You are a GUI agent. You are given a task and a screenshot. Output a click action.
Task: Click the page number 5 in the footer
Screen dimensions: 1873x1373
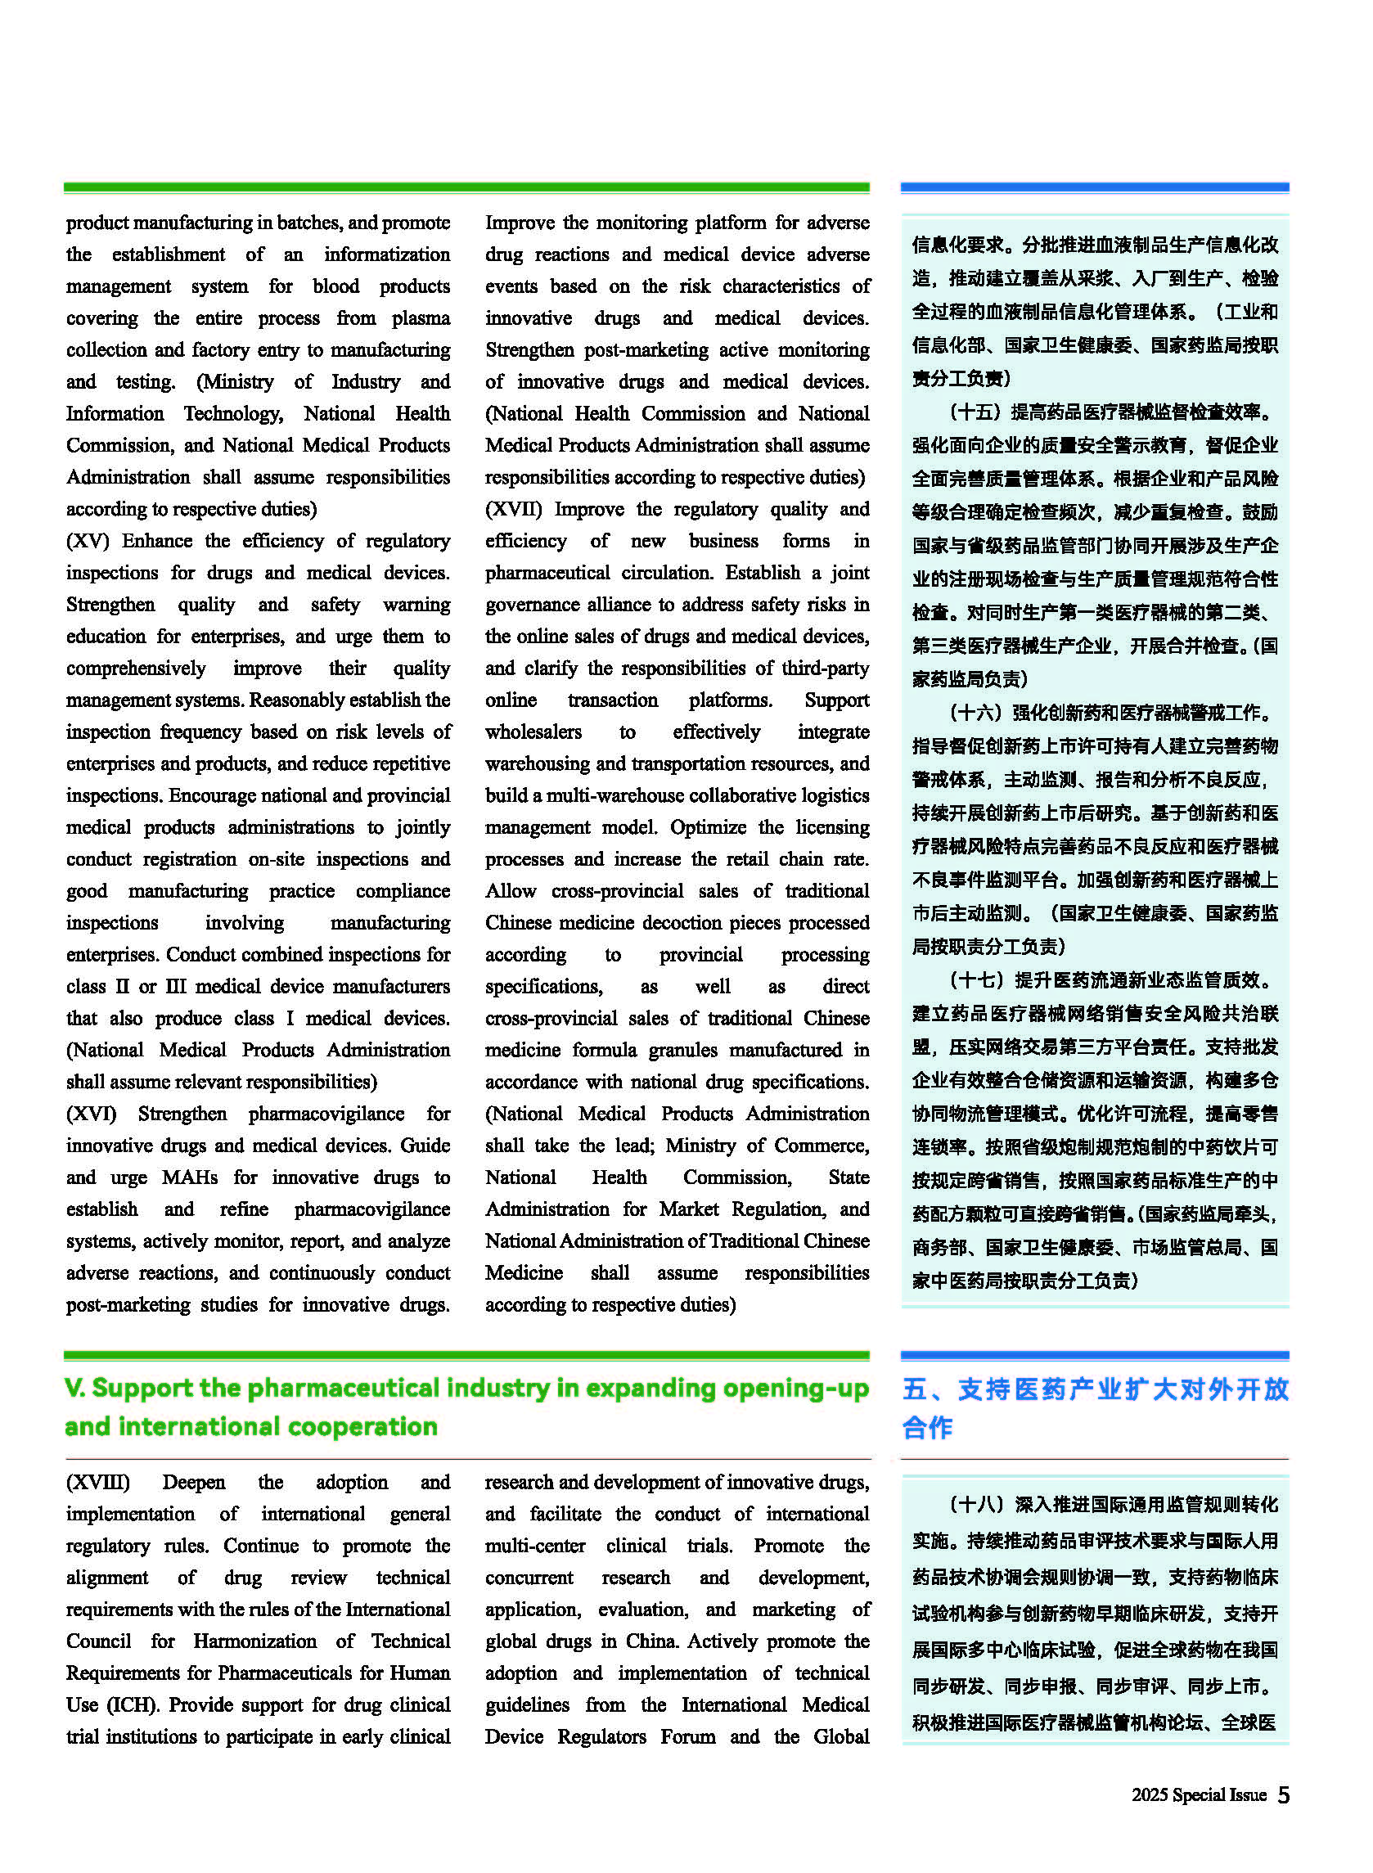point(1282,1795)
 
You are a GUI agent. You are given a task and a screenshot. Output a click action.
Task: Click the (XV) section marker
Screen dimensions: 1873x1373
point(88,541)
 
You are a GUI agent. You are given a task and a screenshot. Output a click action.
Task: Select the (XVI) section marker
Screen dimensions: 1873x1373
point(92,1114)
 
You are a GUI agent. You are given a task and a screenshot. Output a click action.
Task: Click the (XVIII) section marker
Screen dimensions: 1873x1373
point(98,1483)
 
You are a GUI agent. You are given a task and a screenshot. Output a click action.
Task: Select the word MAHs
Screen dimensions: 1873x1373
point(190,1177)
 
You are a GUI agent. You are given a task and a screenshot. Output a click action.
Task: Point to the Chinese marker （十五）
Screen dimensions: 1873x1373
point(974,412)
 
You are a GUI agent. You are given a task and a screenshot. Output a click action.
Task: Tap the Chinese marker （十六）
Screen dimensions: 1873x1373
point(974,713)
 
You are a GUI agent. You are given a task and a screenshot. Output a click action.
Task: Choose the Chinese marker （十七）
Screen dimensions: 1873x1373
point(975,980)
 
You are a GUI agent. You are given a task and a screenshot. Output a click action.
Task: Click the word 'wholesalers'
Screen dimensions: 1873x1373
point(533,732)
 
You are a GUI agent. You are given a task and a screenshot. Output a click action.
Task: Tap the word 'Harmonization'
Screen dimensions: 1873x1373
point(254,1641)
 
